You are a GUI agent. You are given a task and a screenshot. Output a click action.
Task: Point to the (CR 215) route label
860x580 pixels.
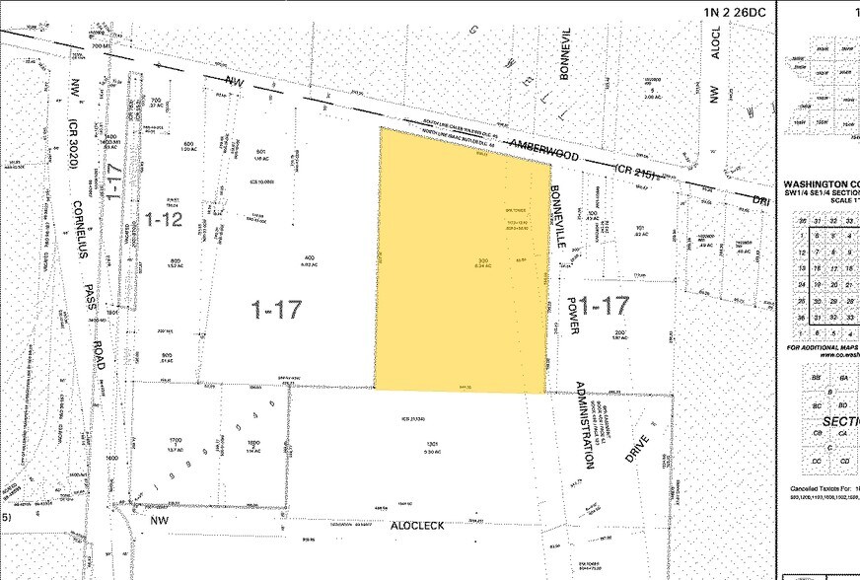(x=641, y=175)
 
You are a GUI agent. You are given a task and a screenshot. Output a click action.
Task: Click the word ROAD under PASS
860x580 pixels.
(x=101, y=346)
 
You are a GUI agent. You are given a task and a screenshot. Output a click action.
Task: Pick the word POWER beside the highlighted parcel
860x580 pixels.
(x=571, y=314)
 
